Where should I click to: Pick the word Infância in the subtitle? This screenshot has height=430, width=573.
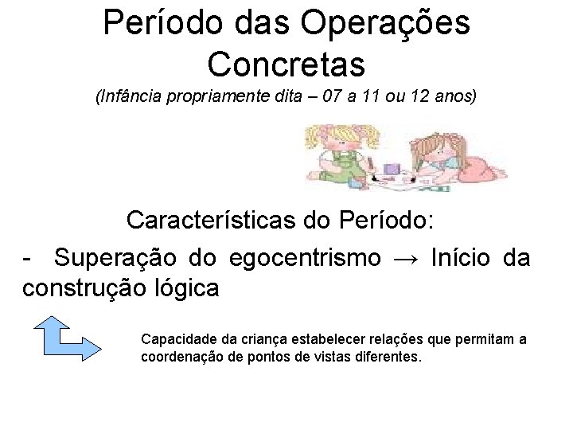coord(127,98)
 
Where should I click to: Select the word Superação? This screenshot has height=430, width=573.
coord(118,258)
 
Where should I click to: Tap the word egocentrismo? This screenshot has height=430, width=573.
coord(305,258)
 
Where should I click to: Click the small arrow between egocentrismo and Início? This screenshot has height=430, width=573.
coord(405,259)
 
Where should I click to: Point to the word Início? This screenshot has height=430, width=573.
coord(462,258)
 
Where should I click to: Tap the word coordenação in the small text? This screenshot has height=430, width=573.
coord(180,357)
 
